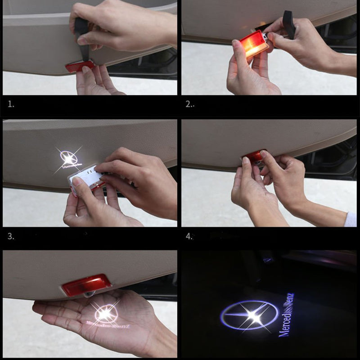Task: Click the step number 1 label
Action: (x=11, y=104)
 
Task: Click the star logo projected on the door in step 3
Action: (x=69, y=158)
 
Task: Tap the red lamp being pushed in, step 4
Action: (x=254, y=156)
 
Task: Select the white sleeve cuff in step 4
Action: (x=350, y=219)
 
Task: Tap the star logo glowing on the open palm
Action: (x=106, y=312)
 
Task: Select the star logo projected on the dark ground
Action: (x=249, y=315)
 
